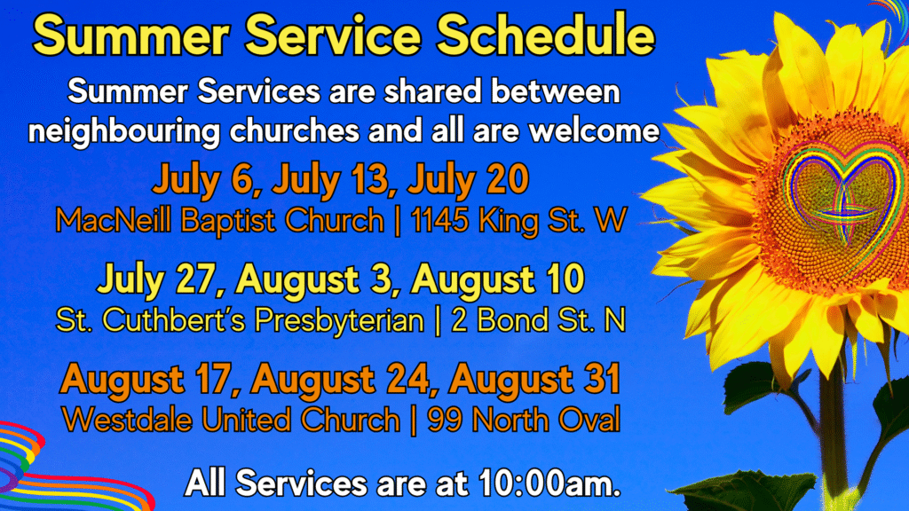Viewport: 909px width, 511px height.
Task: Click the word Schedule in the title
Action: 546,35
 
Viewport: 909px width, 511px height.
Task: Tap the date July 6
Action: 202,179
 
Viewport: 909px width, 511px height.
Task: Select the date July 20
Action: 468,179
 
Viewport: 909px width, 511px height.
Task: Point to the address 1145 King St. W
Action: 518,221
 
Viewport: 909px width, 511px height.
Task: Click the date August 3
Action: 318,279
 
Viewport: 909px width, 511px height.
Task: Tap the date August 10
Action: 497,279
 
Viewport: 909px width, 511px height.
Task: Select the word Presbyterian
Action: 339,320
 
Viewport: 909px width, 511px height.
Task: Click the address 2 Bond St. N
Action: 539,320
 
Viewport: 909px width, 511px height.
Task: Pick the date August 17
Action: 150,380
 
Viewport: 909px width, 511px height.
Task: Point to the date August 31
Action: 534,380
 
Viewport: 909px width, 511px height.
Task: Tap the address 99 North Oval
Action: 524,420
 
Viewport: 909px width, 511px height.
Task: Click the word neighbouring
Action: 124,131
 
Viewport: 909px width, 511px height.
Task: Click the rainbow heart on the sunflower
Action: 842,192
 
